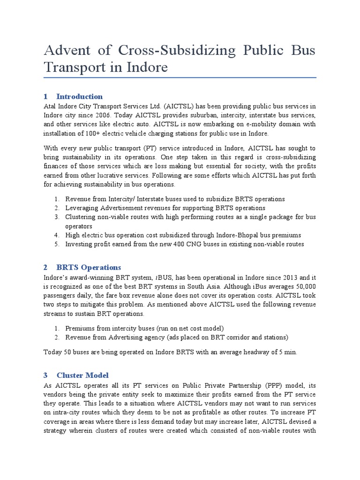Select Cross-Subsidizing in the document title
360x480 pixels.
pos(155,50)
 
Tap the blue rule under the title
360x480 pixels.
pos(180,77)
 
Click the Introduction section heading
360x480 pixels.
pos(80,97)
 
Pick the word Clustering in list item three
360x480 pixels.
pos(81,217)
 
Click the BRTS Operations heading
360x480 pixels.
pos(89,267)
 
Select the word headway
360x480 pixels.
pos(249,352)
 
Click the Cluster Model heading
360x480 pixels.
pos(82,375)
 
